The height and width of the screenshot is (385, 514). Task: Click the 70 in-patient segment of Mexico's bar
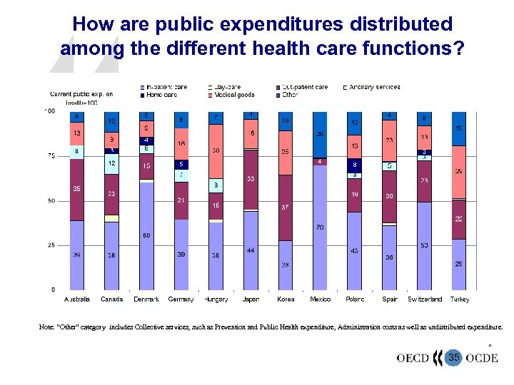(x=320, y=227)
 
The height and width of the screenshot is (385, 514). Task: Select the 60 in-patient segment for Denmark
(x=146, y=236)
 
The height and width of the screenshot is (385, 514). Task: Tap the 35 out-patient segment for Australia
(x=76, y=189)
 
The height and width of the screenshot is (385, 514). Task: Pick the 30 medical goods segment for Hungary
(x=216, y=151)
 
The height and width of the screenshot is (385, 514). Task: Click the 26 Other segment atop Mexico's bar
(x=320, y=134)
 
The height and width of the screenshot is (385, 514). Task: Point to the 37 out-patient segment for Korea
(x=285, y=207)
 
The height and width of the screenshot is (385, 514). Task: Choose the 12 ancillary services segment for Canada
(x=111, y=164)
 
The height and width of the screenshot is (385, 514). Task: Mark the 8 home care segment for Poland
(x=355, y=163)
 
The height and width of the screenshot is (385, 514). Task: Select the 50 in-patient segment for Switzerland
(x=424, y=246)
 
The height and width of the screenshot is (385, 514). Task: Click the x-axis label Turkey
(x=460, y=299)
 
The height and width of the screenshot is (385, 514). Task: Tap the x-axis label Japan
(x=251, y=299)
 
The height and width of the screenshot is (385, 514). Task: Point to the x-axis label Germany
(x=181, y=299)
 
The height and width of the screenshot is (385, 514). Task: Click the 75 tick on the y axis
(x=50, y=156)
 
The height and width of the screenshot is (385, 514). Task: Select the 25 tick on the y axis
(x=50, y=245)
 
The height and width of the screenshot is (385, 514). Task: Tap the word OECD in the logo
(x=413, y=358)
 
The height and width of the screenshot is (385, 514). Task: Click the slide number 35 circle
(x=453, y=357)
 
